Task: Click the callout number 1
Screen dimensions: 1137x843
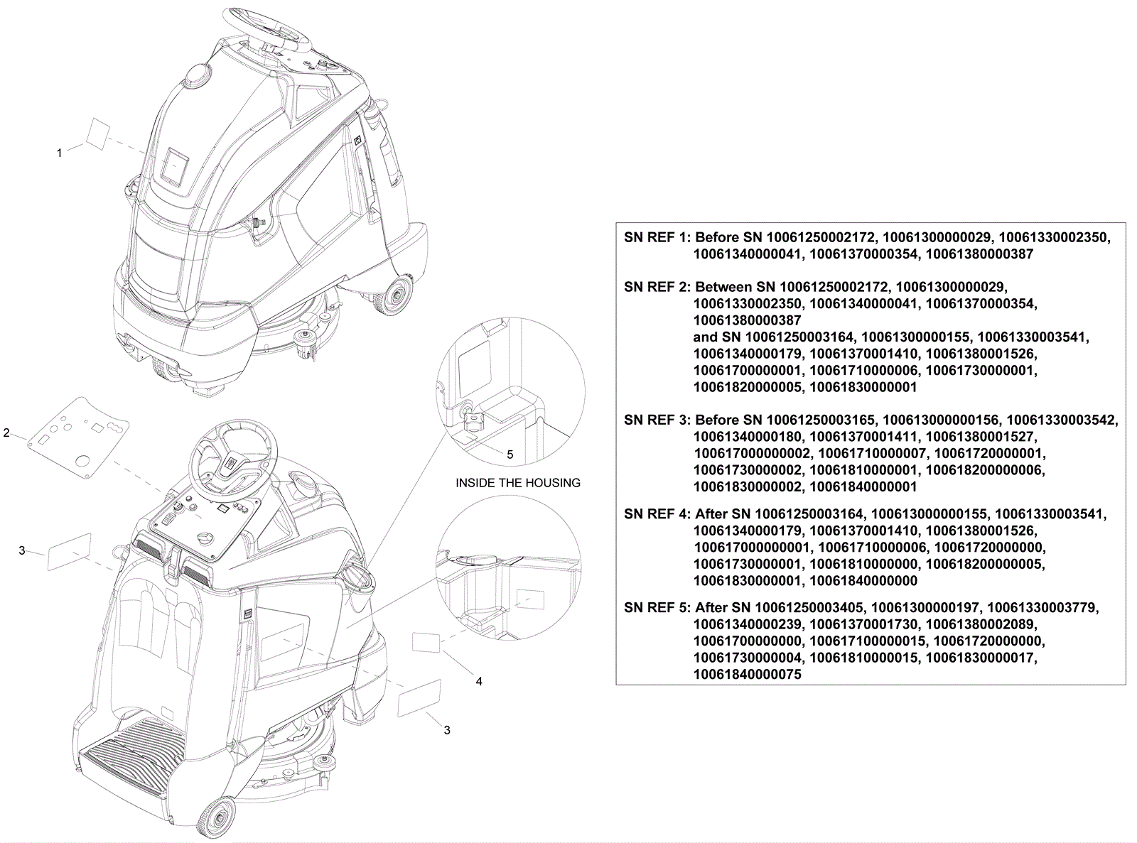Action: point(60,153)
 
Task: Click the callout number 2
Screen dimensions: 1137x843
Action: point(6,433)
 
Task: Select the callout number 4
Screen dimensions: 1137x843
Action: point(479,681)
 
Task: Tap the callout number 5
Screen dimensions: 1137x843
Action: point(510,455)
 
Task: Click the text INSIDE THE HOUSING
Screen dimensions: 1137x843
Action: point(518,483)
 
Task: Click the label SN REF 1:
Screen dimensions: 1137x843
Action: point(657,237)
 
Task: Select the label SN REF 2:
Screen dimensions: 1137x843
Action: point(657,287)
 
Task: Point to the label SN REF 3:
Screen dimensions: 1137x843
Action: point(657,420)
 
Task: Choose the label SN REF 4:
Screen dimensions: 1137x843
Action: point(657,513)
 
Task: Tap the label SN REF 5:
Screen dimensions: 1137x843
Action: point(657,608)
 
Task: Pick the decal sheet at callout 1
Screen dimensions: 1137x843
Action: point(97,134)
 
